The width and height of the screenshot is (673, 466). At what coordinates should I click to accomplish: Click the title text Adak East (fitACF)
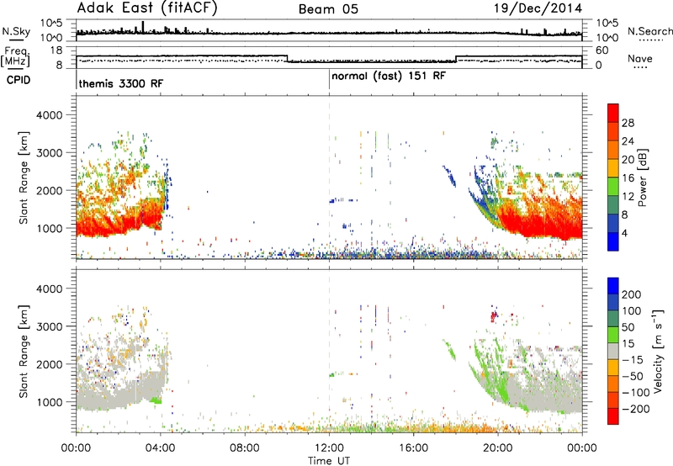point(146,8)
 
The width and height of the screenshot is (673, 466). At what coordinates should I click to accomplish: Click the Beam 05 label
point(328,9)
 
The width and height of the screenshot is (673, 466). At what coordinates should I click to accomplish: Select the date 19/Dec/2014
point(538,8)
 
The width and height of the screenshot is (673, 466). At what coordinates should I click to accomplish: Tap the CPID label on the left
point(19,80)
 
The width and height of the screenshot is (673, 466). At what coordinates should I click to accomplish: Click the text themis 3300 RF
point(121,83)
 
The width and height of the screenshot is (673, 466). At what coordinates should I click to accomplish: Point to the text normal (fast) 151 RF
point(389,77)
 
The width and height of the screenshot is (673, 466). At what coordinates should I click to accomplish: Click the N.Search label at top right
point(649,31)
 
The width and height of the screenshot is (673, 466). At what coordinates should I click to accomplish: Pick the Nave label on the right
point(640,58)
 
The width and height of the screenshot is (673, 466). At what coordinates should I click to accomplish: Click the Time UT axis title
point(329,461)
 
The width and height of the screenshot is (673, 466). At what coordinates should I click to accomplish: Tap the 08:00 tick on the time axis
point(245,448)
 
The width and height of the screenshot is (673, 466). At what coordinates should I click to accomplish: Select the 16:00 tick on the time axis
point(413,448)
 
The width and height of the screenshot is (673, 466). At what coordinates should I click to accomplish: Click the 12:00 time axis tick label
point(329,448)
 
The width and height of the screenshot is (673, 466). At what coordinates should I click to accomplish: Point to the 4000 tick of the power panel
point(50,115)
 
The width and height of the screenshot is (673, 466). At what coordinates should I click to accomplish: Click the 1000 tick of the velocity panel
point(50,402)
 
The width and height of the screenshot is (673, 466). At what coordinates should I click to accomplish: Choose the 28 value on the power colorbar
point(628,123)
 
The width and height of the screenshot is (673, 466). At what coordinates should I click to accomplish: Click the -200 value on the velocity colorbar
point(633,409)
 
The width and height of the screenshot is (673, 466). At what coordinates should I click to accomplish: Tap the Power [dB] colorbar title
point(643,177)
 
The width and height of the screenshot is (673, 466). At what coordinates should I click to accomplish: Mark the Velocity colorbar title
point(658,351)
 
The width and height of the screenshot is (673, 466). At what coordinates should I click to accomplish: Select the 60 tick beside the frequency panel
point(602,50)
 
